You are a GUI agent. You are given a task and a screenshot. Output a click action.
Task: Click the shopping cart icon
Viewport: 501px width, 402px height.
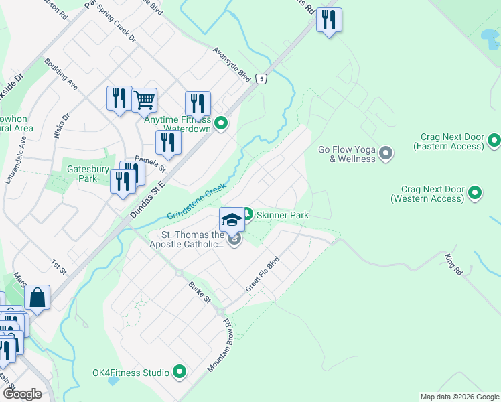(x=145, y=100)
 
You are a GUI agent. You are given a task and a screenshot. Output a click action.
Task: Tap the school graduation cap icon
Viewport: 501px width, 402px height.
(x=232, y=219)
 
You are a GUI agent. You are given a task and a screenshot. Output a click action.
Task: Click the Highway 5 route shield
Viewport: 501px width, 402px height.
(x=261, y=79)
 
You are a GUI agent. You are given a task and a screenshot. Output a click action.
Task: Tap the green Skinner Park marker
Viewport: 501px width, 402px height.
(x=247, y=215)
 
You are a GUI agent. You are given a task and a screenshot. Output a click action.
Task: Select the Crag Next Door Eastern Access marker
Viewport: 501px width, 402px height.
(x=494, y=141)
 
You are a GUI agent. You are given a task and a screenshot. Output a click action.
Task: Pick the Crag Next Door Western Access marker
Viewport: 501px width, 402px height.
(x=475, y=194)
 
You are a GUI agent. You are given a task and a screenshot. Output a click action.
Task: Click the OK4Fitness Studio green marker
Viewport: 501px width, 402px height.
(x=180, y=371)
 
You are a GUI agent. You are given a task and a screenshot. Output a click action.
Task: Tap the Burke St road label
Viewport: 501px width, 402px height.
(x=200, y=292)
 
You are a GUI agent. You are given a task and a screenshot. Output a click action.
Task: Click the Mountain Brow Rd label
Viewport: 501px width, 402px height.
(x=219, y=346)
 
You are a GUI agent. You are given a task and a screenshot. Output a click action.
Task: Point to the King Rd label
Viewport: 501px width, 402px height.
(x=453, y=264)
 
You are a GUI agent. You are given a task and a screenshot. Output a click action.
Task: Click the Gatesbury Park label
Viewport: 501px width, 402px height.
(x=87, y=174)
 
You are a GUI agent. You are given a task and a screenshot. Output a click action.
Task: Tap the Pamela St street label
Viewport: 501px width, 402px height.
(x=145, y=161)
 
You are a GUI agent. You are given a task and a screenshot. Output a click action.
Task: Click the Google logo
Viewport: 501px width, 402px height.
(x=22, y=394)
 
